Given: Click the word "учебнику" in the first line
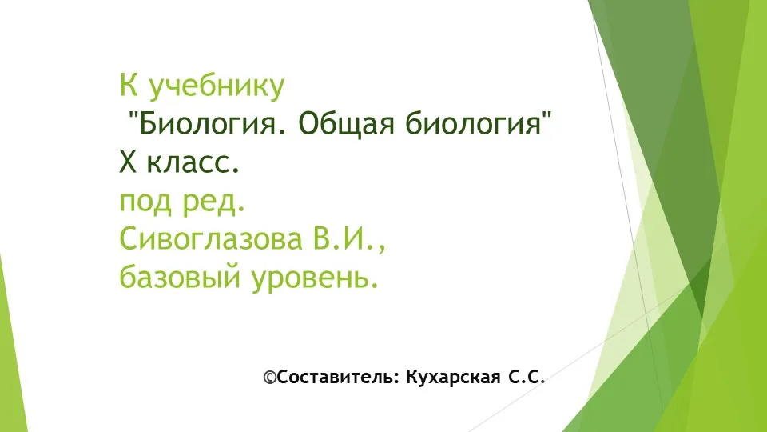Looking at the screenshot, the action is (216, 87).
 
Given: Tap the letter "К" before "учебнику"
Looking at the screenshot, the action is (128, 85).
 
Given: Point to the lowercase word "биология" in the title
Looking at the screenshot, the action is (473, 124).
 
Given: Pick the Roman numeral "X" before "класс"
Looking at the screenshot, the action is (128, 162).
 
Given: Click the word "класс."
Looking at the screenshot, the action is (193, 163).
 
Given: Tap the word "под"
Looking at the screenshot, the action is (147, 202).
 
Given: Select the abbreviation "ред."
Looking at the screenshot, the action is (214, 202).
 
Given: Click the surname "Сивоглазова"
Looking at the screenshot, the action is (211, 239).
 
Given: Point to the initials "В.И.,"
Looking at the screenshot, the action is (347, 239).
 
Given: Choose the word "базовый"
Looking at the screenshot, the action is (180, 278).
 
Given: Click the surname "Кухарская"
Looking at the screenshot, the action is (454, 377).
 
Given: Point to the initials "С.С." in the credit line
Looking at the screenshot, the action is (527, 377).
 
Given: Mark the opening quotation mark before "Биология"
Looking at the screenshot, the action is (133, 116).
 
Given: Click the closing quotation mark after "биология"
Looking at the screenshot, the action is (546, 116).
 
